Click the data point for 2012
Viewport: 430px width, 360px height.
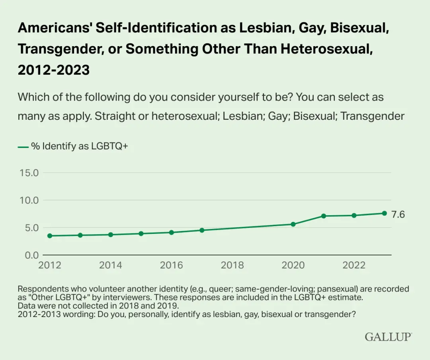pyautogui.click(x=50, y=236)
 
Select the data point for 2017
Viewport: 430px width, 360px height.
pyautogui.click(x=202, y=230)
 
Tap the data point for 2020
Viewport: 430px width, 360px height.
pyautogui.click(x=293, y=224)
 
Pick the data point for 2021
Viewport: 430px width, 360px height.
pyautogui.click(x=324, y=216)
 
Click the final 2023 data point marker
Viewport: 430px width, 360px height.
pyautogui.click(x=385, y=213)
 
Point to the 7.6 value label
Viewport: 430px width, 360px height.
pyautogui.click(x=398, y=214)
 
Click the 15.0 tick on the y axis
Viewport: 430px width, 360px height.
pyautogui.click(x=29, y=173)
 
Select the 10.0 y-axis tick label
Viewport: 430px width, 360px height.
pyautogui.click(x=29, y=200)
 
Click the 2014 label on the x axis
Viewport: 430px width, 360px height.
pyautogui.click(x=111, y=265)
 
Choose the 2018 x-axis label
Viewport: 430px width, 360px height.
pyautogui.click(x=232, y=265)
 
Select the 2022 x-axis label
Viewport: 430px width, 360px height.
pyautogui.click(x=354, y=265)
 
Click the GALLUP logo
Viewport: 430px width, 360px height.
pyautogui.click(x=388, y=337)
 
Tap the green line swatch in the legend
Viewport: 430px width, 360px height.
pyautogui.click(x=23, y=146)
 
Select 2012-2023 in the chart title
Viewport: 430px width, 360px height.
pyautogui.click(x=54, y=70)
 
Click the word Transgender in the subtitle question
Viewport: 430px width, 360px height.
pyautogui.click(x=373, y=116)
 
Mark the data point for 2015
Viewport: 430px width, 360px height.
pyautogui.click(x=141, y=234)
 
